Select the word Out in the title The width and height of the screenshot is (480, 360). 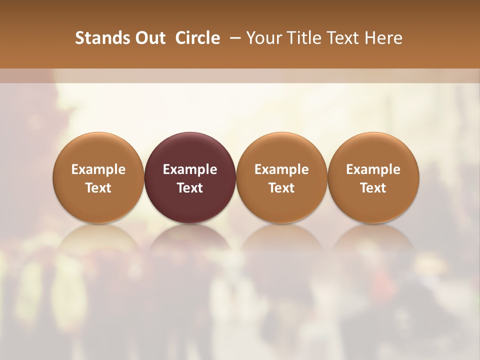pyautogui.click(x=150, y=38)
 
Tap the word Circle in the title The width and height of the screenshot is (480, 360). pyautogui.click(x=197, y=38)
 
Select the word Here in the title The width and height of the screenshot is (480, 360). pyautogui.click(x=382, y=38)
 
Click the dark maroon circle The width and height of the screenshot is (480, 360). pyautogui.click(x=190, y=150)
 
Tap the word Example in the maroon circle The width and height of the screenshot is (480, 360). pyautogui.click(x=190, y=169)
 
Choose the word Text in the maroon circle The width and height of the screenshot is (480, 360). pyautogui.click(x=190, y=188)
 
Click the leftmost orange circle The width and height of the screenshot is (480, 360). pyautogui.click(x=98, y=150)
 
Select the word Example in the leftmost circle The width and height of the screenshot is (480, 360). pyautogui.click(x=98, y=169)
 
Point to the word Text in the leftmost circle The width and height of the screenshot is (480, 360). pyautogui.click(x=98, y=188)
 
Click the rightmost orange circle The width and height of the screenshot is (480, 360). pyautogui.click(x=373, y=150)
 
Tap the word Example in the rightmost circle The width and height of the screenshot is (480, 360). pyautogui.click(x=373, y=169)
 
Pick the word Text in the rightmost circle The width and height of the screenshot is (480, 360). pyautogui.click(x=373, y=188)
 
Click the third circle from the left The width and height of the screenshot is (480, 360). pyautogui.click(x=281, y=150)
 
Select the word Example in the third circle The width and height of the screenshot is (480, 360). pyautogui.click(x=281, y=169)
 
